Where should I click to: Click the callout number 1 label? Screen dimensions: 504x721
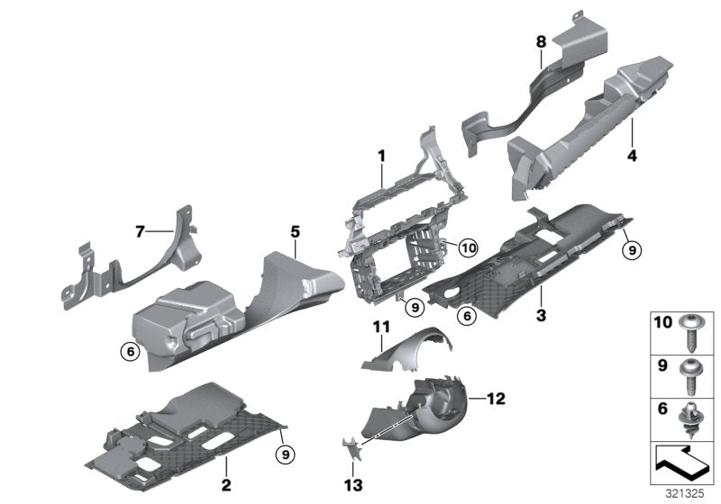pyautogui.click(x=381, y=156)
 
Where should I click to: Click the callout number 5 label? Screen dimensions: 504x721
pyautogui.click(x=295, y=231)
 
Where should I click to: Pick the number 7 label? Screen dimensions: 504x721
pyautogui.click(x=140, y=232)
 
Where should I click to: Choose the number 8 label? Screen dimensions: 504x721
pyautogui.click(x=541, y=41)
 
